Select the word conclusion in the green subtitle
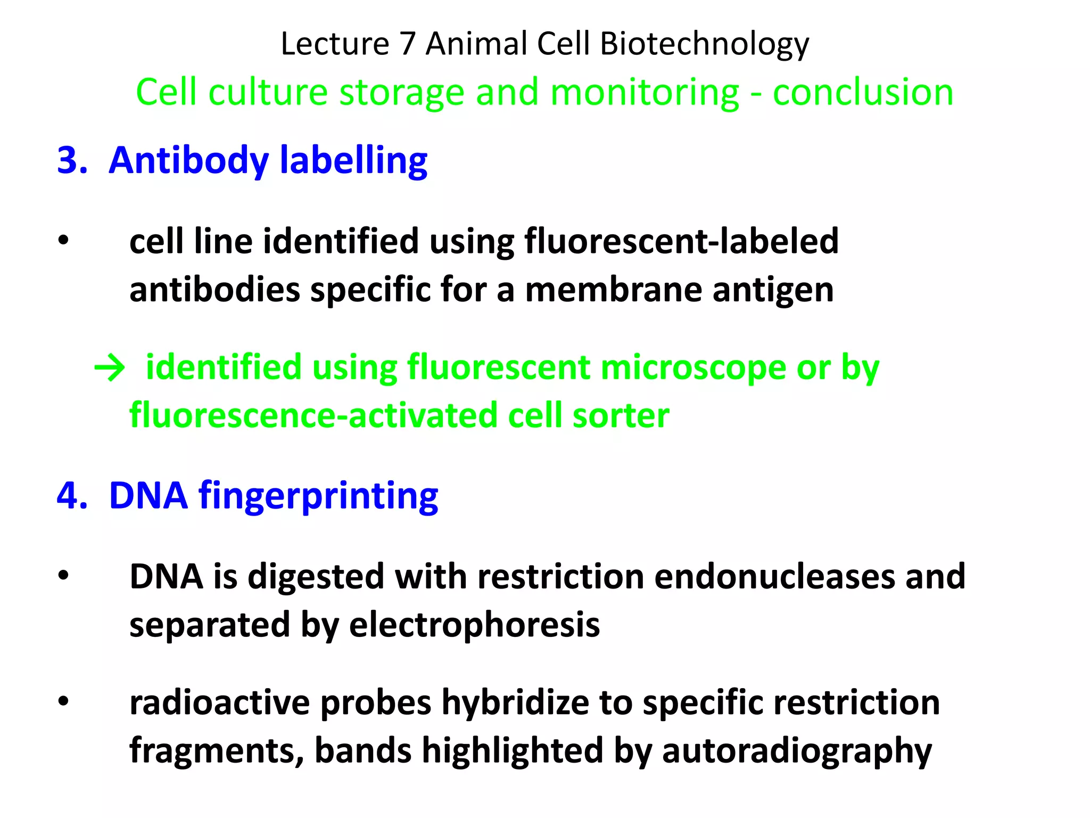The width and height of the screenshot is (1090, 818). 863,93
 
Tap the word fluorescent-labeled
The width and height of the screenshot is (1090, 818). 681,241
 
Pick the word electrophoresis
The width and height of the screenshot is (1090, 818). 474,625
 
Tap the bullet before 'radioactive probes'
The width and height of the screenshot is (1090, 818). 64,701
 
